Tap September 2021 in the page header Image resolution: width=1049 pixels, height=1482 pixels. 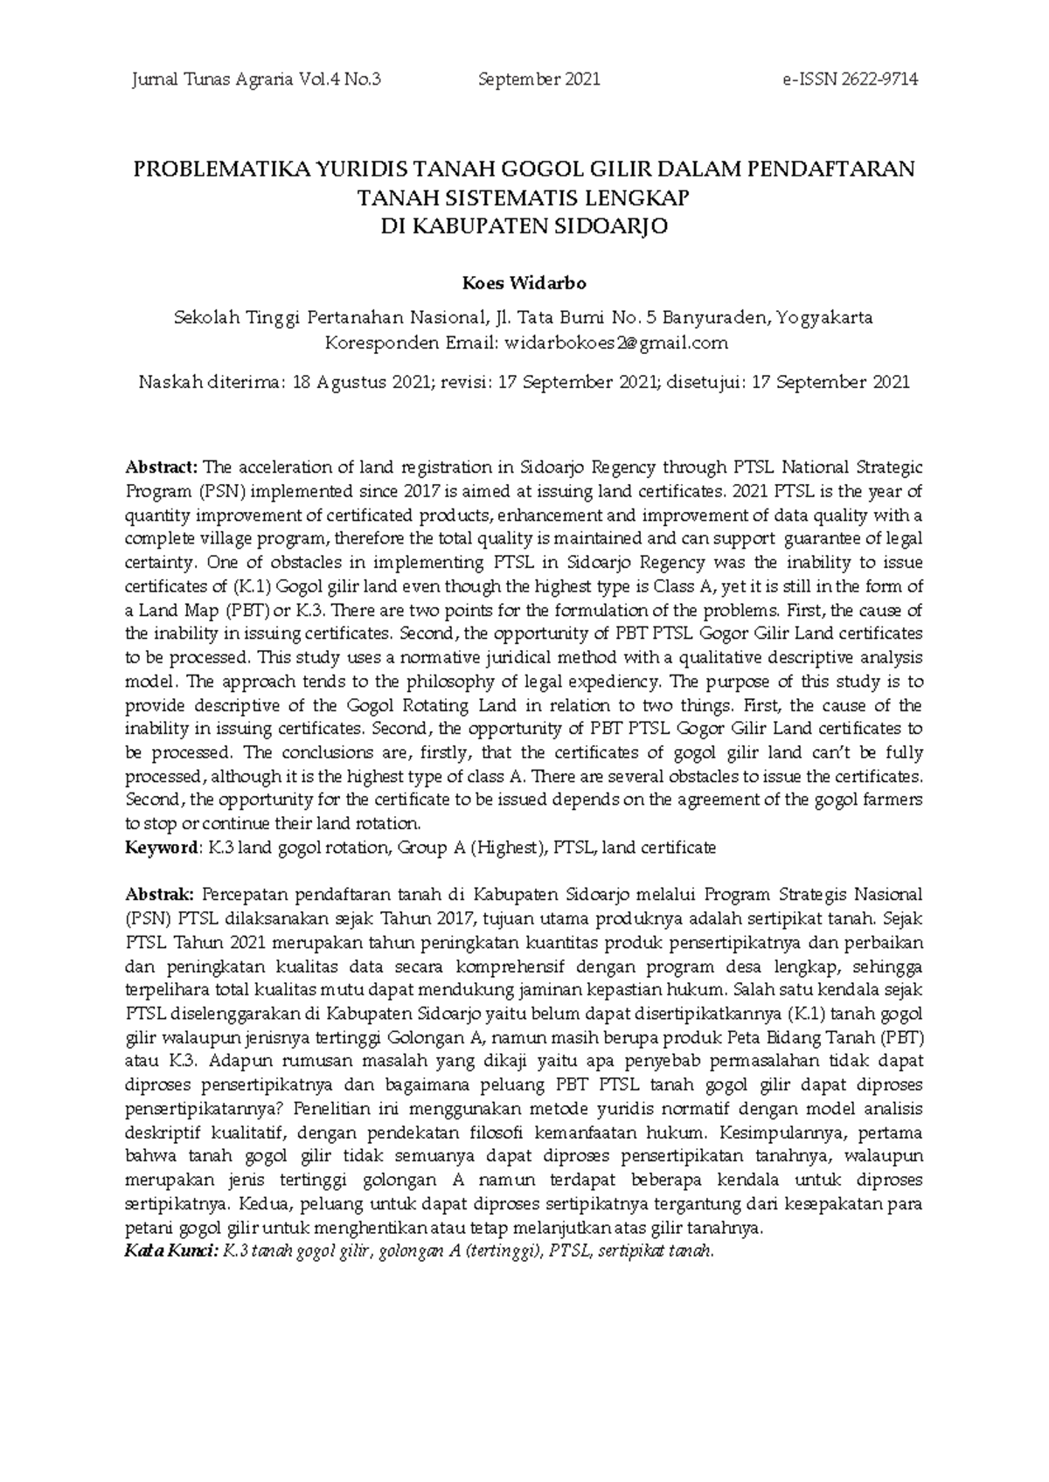click(x=539, y=80)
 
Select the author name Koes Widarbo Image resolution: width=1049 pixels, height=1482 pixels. click(x=524, y=284)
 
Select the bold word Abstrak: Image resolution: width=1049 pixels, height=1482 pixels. click(x=160, y=895)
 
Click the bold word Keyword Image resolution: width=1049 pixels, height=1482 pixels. click(x=163, y=848)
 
